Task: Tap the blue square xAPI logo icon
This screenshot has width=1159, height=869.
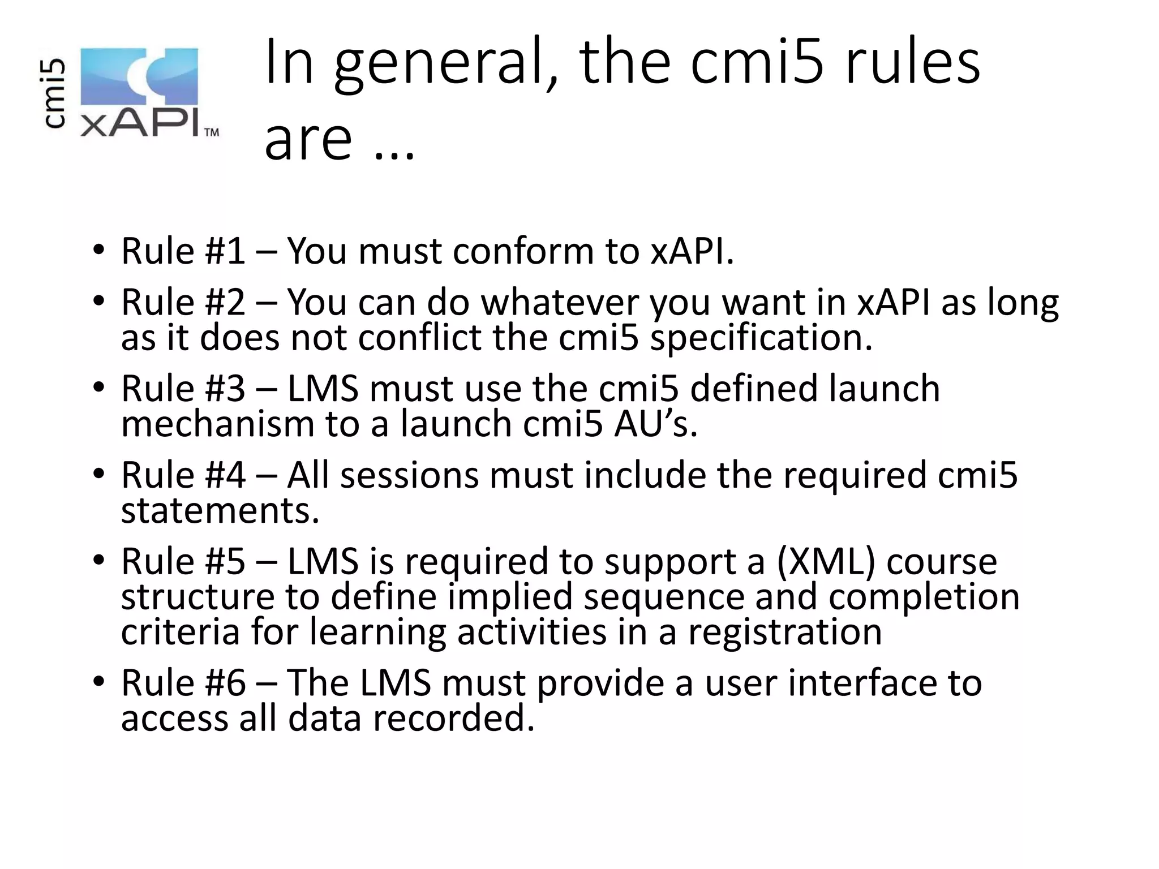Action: pyautogui.click(x=139, y=77)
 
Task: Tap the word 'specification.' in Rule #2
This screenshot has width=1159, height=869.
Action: pyautogui.click(x=761, y=338)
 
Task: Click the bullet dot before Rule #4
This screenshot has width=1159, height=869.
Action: pyautogui.click(x=98, y=474)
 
